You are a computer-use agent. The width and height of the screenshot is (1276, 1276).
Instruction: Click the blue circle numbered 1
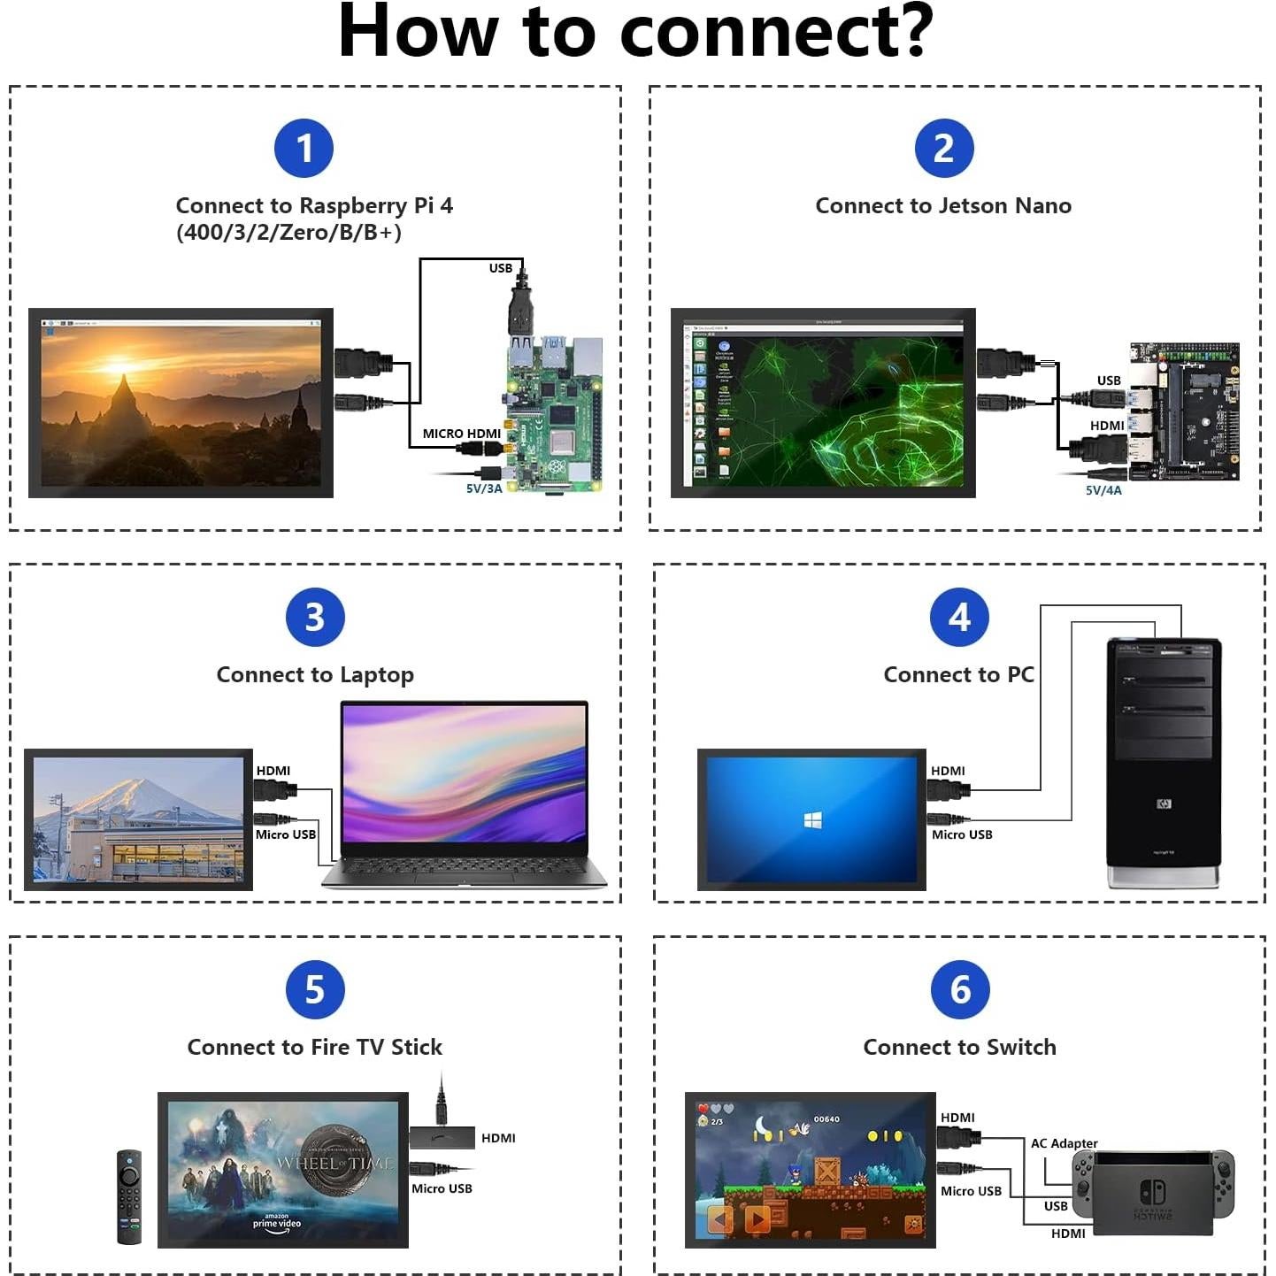click(x=304, y=149)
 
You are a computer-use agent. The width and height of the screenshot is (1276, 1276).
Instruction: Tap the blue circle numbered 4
click(x=959, y=618)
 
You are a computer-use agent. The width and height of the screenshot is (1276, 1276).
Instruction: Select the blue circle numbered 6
click(x=960, y=990)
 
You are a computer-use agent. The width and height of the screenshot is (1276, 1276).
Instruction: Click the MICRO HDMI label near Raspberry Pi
click(x=461, y=434)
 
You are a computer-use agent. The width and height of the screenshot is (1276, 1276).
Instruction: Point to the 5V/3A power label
click(x=484, y=488)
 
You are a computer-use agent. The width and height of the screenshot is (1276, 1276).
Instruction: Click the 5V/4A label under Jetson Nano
click(x=1103, y=490)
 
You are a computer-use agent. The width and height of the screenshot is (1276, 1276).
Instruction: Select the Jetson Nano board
click(x=1185, y=411)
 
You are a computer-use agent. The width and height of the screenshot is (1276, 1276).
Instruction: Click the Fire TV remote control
click(x=129, y=1196)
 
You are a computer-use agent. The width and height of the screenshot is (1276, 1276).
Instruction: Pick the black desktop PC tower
click(x=1163, y=761)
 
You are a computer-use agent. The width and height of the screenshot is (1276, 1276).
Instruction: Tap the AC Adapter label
click(x=1064, y=1143)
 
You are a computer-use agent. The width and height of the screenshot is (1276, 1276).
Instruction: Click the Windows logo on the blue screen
click(x=812, y=820)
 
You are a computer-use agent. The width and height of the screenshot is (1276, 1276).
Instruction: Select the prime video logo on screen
click(x=277, y=1221)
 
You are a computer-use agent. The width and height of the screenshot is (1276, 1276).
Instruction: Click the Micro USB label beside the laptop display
click(x=285, y=834)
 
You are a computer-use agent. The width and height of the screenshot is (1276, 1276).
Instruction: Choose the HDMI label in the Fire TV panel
click(x=498, y=1138)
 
